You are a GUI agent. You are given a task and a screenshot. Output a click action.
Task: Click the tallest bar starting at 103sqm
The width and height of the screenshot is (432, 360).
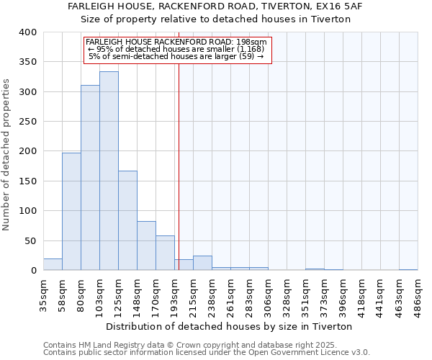109,171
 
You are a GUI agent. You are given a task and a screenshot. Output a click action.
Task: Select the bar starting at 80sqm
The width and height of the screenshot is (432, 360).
90,178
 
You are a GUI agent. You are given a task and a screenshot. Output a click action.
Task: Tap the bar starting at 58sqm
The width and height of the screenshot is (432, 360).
71,212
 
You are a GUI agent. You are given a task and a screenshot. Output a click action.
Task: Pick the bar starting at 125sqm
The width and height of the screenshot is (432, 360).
127,220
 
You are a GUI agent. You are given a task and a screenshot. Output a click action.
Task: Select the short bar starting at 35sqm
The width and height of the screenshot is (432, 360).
53,264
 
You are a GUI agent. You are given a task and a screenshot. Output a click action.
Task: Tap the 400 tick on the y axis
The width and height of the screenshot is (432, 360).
28,32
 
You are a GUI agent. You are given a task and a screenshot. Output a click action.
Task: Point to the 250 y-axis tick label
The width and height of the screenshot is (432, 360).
28,122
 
